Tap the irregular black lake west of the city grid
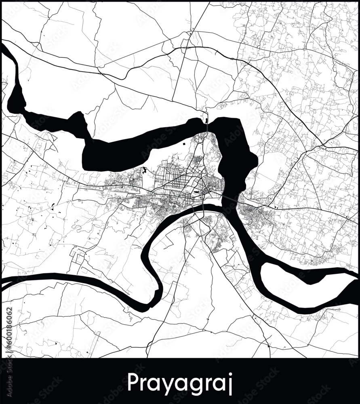pyautogui.click(x=144, y=170)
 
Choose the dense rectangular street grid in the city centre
pyautogui.click(x=178, y=180)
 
